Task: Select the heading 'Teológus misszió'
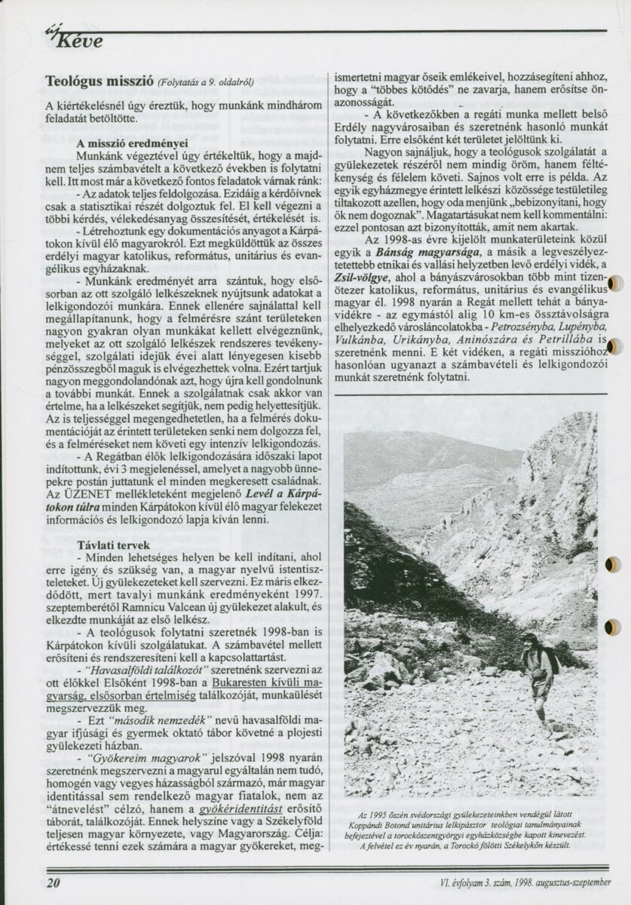click(x=100, y=80)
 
